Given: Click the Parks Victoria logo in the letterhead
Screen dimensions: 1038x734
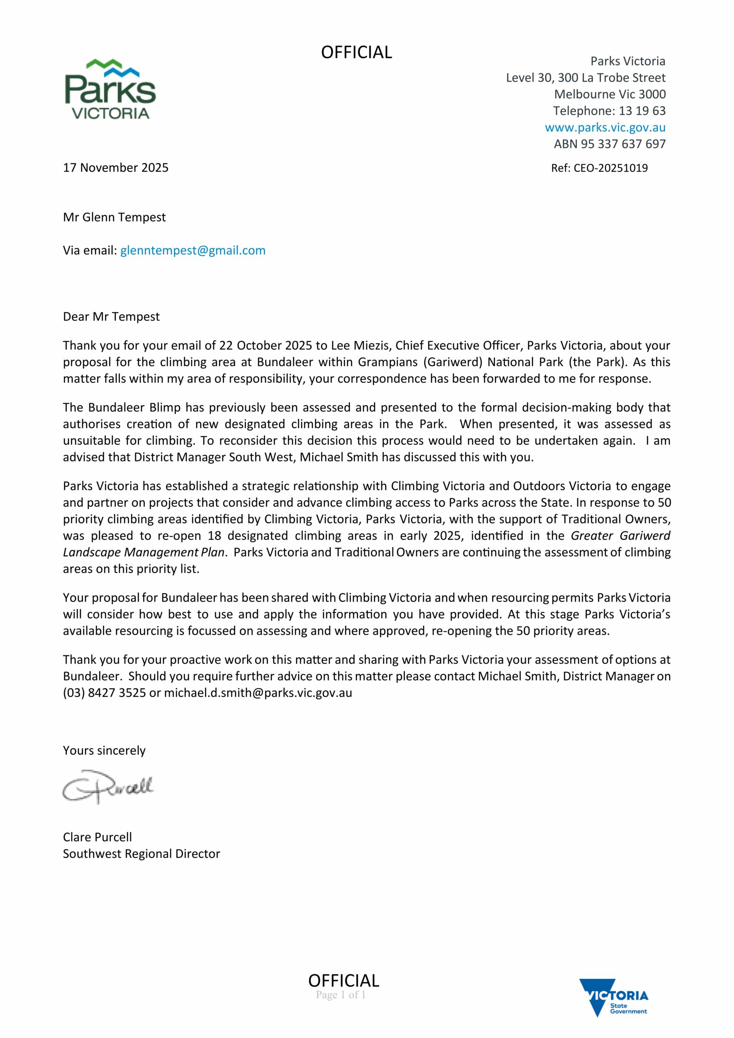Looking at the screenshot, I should [110, 89].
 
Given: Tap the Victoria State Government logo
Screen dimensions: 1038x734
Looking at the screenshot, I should [614, 1002].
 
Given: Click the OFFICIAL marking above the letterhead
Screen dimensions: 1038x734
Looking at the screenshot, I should [356, 52].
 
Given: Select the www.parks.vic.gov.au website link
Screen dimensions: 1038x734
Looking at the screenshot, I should [605, 127].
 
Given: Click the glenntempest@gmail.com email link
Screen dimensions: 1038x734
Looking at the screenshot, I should [193, 251].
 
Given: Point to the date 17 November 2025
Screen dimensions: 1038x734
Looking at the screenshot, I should [116, 168].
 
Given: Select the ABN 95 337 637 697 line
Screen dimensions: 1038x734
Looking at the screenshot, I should [610, 144].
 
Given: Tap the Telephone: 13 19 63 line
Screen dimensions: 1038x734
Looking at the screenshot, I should [609, 111].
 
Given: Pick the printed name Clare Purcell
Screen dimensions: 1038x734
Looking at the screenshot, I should [97, 837].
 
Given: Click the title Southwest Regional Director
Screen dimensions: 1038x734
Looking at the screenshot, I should [141, 854].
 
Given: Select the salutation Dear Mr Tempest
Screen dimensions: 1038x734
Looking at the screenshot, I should [111, 316].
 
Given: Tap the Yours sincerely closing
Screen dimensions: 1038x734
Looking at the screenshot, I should [104, 751].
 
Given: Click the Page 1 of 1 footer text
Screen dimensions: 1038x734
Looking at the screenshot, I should [341, 995].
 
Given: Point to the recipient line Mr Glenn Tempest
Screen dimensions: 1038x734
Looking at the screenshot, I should [114, 217].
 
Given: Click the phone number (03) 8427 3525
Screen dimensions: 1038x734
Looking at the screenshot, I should [105, 693].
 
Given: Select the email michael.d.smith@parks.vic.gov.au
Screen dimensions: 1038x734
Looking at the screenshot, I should [258, 693].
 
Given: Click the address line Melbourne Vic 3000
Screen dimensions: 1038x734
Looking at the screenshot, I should [610, 94].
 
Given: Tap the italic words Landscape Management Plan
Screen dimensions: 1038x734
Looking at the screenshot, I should [144, 553].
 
